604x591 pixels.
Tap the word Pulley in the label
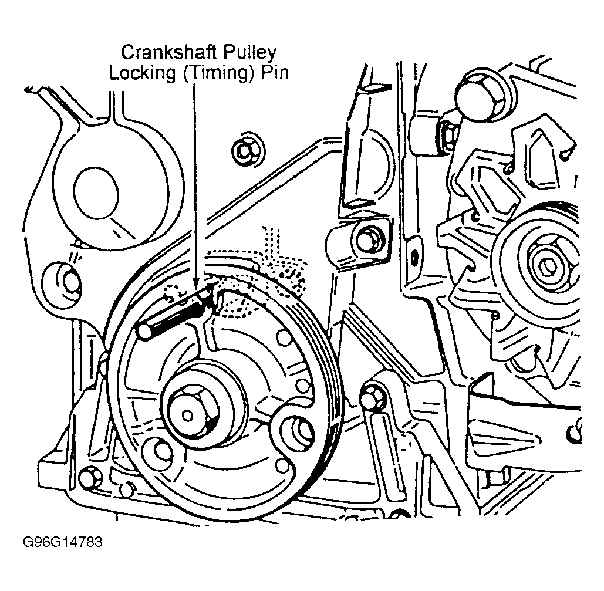(252, 53)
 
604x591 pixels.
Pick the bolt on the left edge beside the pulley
(68, 278)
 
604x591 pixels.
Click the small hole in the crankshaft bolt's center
(187, 415)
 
